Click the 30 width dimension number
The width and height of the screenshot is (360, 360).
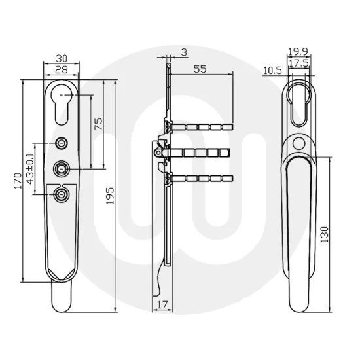tap(62, 57)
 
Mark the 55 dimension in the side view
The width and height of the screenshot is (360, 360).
tap(200, 68)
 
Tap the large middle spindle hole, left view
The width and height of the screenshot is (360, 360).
tap(62, 168)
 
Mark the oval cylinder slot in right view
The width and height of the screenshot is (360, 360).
tap(300, 104)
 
